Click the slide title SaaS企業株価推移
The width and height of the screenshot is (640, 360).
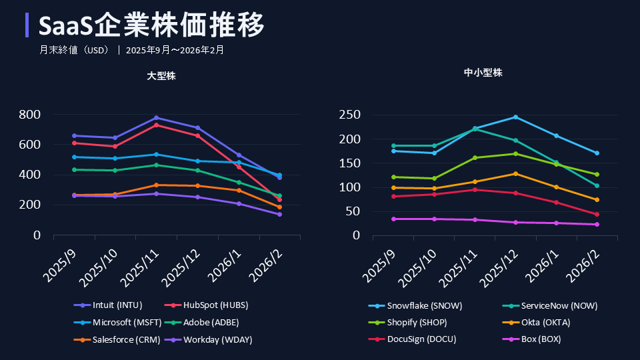(x=152, y=25)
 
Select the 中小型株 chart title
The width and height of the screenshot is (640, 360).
(x=483, y=73)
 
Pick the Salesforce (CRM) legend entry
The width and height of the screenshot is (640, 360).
(x=121, y=340)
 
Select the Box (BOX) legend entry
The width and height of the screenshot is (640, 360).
(x=540, y=339)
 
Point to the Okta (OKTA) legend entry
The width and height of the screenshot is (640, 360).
(x=545, y=323)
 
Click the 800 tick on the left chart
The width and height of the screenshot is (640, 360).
(x=30, y=115)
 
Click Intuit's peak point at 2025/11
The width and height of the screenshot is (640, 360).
(x=156, y=117)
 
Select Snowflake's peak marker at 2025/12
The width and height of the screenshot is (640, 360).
(x=515, y=117)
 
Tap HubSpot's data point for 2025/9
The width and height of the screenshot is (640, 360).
(x=74, y=143)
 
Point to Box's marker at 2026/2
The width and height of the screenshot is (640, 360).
(x=597, y=224)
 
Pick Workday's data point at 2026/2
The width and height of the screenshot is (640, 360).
(x=279, y=214)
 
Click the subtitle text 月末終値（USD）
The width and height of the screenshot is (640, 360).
(x=74, y=49)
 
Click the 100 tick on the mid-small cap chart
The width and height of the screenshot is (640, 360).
(x=351, y=187)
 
